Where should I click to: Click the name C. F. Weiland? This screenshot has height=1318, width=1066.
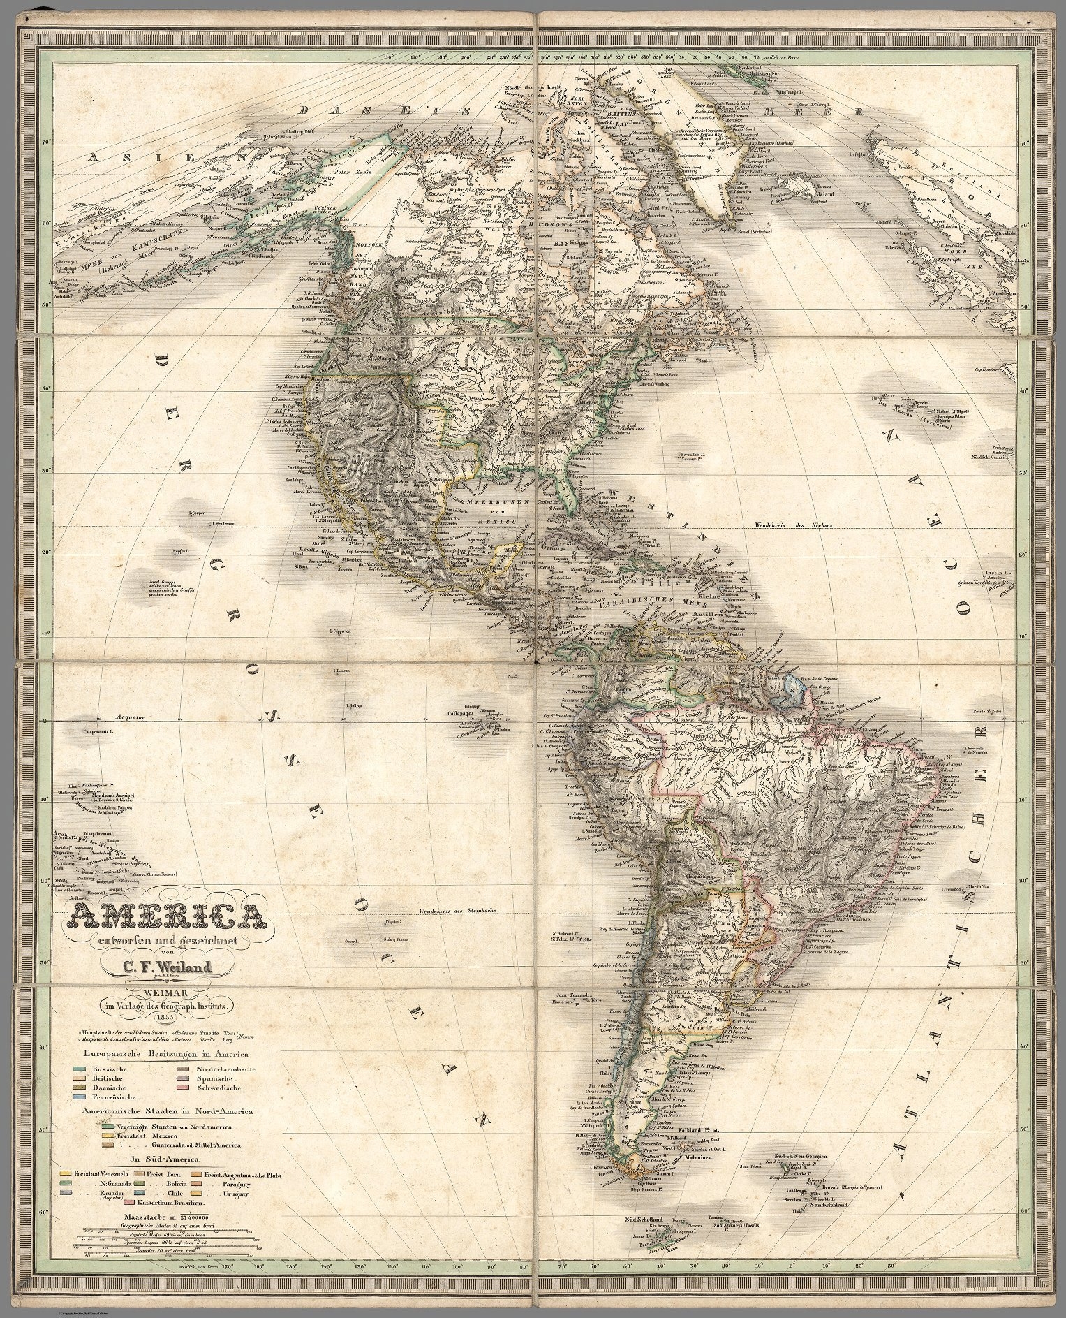tap(167, 967)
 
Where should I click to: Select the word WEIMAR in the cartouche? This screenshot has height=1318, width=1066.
tap(167, 993)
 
